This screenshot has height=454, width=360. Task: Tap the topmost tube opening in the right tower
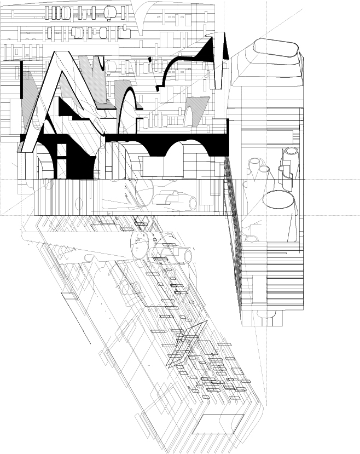(292, 151)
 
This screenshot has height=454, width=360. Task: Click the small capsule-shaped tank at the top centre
(111, 12)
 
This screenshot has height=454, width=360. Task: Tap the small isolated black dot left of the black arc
(150, 59)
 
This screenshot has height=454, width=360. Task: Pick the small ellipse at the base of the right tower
(252, 239)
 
